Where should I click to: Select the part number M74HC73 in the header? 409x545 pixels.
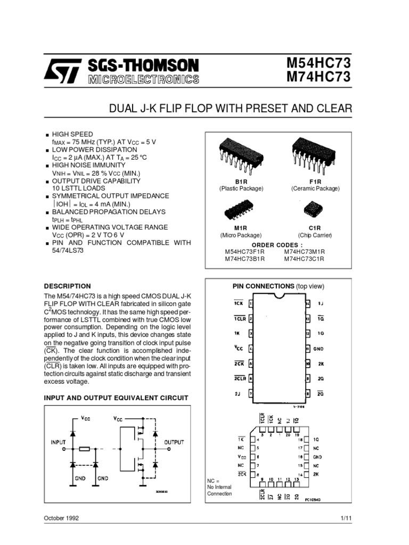tap(318, 78)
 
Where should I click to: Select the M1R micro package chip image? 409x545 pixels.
tap(241, 211)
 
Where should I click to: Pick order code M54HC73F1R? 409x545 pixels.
tap(245, 251)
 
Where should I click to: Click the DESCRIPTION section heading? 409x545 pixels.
tap(67, 286)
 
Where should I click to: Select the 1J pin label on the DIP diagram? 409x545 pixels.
tap(321, 303)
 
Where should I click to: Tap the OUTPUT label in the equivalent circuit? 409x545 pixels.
tap(174, 442)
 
